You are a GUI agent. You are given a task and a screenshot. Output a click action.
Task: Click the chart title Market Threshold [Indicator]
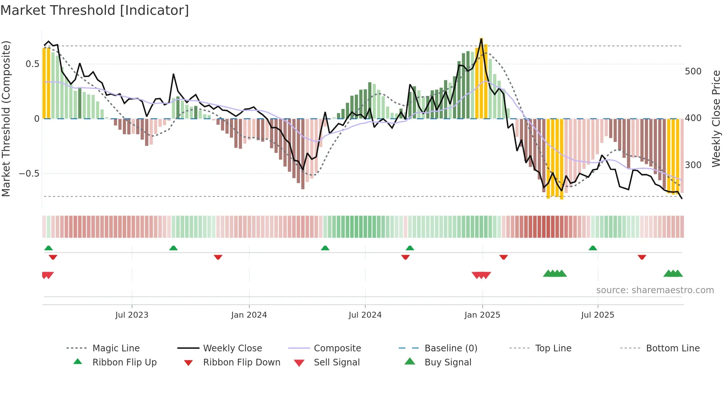pyautogui.click(x=95, y=10)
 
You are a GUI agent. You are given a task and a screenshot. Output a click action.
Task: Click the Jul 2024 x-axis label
pyautogui.click(x=365, y=315)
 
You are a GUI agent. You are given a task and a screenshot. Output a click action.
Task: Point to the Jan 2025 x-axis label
pyautogui.click(x=482, y=315)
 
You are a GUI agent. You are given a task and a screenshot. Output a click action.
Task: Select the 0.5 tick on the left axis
pyautogui.click(x=32, y=64)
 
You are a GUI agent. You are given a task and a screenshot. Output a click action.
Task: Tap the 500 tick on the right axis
pyautogui.click(x=693, y=71)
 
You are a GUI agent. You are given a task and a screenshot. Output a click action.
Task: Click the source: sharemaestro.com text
pyautogui.click(x=655, y=290)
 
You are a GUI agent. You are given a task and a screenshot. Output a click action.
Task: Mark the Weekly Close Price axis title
pyautogui.click(x=716, y=118)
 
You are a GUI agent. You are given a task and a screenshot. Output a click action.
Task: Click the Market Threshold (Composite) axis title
pyautogui.click(x=6, y=118)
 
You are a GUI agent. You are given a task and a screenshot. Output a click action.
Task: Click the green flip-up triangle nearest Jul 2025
pyautogui.click(x=593, y=248)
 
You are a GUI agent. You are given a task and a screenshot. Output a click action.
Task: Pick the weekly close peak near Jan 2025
pyautogui.click(x=481, y=39)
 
